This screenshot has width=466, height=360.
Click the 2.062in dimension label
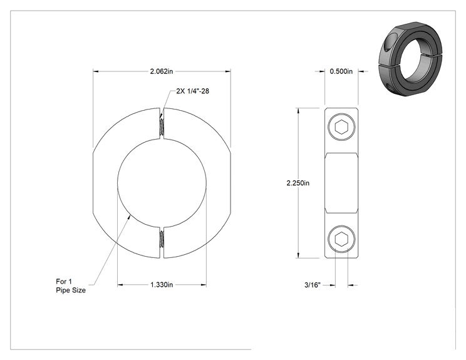pyautogui.click(x=162, y=71)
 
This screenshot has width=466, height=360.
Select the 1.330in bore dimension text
pyautogui.click(x=162, y=285)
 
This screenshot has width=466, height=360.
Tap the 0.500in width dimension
pyautogui.click(x=341, y=71)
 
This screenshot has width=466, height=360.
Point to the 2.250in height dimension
pyautogui.click(x=298, y=183)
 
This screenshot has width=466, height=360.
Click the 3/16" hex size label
pyautogui.click(x=313, y=285)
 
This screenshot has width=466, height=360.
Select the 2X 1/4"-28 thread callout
pyautogui.click(x=192, y=91)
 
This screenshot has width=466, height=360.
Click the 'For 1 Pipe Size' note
pyautogui.click(x=71, y=285)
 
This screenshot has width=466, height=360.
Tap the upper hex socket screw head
pyautogui.click(x=341, y=127)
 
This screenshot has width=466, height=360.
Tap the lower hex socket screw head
pyautogui.click(x=341, y=239)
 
